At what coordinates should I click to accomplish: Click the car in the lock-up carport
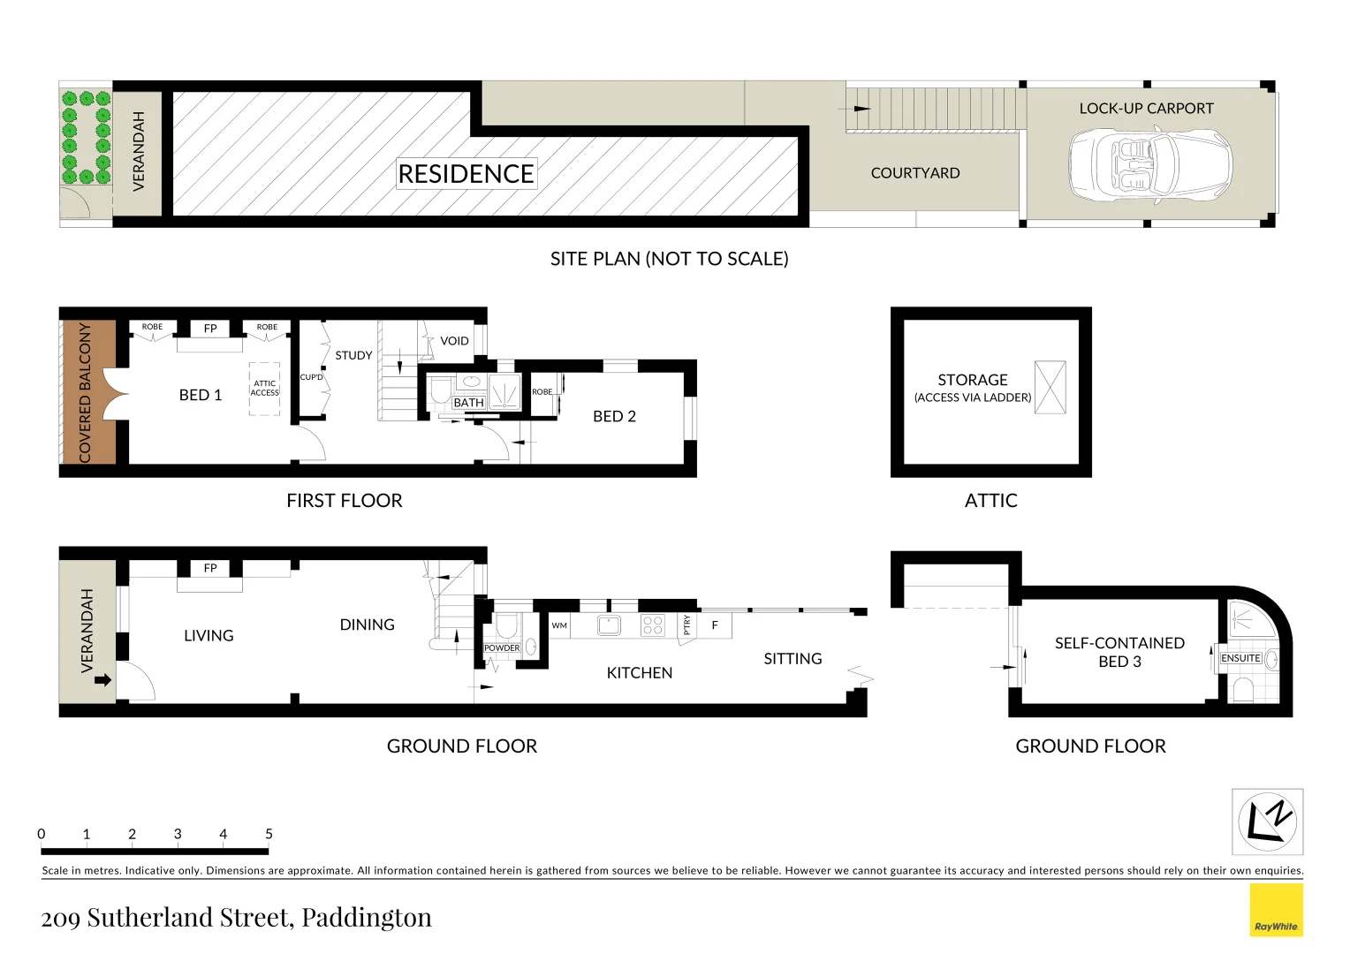coord(1149,165)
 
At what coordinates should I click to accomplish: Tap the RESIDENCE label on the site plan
coord(466,174)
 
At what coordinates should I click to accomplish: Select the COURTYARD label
coord(914,173)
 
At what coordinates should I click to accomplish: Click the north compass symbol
coord(1267,821)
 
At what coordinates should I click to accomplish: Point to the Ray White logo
coord(1276,910)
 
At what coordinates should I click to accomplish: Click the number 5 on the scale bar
coord(269,834)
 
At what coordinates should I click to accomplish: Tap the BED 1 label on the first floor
coord(201,395)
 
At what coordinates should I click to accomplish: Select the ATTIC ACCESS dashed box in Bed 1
coord(264,388)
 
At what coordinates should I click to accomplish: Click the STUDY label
coord(353,355)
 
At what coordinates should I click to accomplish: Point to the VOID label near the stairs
coord(454,341)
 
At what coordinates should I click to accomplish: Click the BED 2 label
coord(614,416)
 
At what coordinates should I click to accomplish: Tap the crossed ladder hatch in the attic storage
coord(1050,387)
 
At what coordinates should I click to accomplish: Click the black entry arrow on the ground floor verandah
coord(102,679)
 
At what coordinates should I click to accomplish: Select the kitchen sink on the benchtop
coord(609,625)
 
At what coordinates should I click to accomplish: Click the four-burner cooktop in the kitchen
coord(653,625)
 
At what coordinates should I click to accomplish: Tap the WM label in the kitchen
coord(559,625)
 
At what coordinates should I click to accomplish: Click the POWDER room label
coord(502,647)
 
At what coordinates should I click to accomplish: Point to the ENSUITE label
coord(1240,658)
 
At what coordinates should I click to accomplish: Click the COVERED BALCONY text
coord(86,392)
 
